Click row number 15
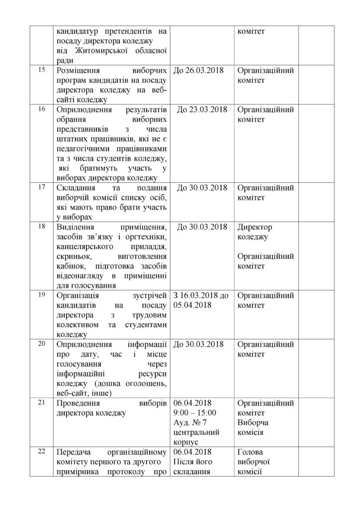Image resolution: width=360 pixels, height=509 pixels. [x=41, y=70]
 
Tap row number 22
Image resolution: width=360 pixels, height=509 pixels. [x=41, y=451]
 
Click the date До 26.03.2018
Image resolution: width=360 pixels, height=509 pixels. [x=198, y=71]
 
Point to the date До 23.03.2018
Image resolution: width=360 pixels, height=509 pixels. [x=202, y=109]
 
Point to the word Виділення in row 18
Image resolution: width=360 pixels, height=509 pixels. [x=80, y=227]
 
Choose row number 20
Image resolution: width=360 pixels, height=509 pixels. [x=41, y=343]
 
